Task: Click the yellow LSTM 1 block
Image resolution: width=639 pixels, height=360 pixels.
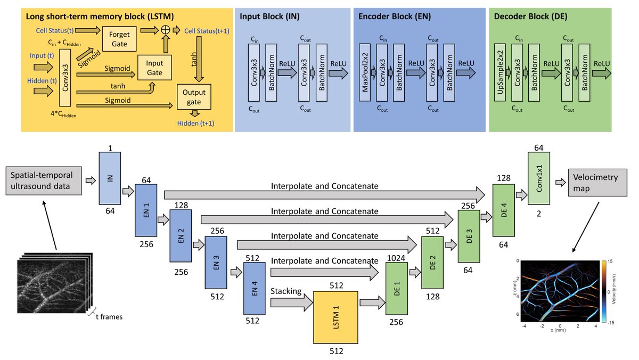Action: (335, 317)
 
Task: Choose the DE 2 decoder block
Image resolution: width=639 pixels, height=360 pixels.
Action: (432, 261)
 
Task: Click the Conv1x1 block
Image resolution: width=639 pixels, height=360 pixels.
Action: (538, 176)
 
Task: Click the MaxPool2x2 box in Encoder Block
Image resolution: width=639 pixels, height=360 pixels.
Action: (365, 72)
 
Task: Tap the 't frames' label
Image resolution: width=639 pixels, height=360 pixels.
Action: (109, 316)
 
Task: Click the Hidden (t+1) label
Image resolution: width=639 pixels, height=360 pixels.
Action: (196, 124)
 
